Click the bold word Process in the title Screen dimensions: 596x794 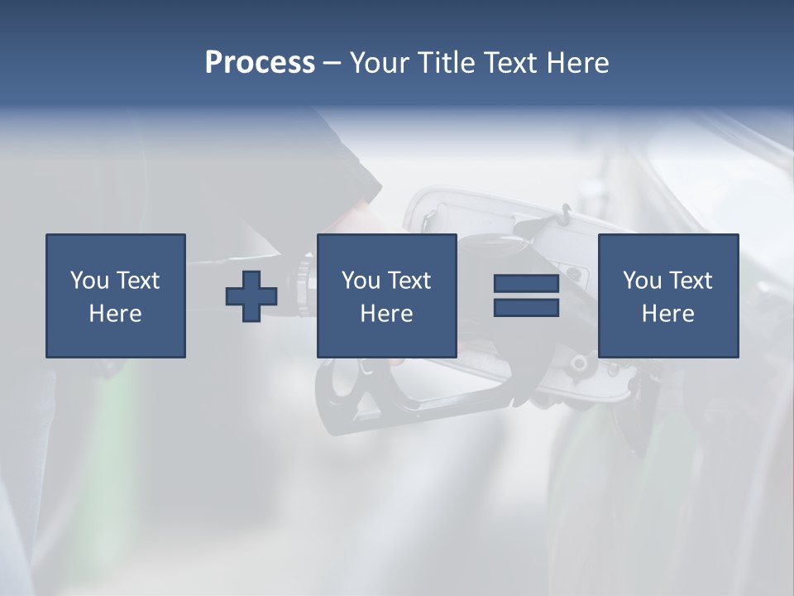click(260, 63)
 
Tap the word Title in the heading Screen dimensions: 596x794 click(445, 63)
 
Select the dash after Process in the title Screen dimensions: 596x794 click(332, 63)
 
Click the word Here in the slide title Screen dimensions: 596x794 click(578, 63)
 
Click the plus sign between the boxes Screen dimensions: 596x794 click(251, 296)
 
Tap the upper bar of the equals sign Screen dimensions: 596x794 click(526, 284)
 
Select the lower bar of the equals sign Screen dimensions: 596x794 click(526, 307)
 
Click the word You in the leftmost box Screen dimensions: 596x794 click(88, 281)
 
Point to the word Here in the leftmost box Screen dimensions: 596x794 click(115, 314)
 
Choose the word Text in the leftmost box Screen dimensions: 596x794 click(136, 281)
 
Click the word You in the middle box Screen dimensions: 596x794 click(360, 281)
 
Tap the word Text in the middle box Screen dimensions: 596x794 click(408, 281)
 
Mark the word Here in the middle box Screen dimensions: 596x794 click(386, 314)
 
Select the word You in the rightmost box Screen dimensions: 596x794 click(641, 281)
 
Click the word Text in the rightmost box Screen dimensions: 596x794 click(689, 281)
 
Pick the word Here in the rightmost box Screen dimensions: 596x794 click(667, 314)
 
